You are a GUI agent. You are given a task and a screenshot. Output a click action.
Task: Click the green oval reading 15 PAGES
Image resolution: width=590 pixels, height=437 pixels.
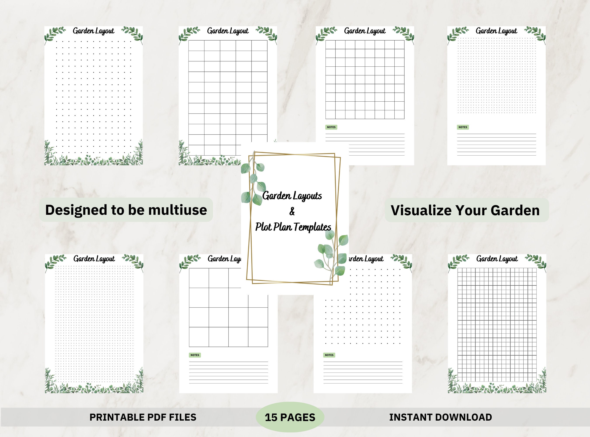290,417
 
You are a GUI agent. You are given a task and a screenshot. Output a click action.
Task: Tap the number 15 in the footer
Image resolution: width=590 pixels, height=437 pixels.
271,417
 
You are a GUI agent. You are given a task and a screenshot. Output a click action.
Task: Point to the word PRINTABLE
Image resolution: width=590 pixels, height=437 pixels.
117,417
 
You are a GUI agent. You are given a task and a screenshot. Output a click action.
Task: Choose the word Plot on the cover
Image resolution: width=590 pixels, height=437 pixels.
263,227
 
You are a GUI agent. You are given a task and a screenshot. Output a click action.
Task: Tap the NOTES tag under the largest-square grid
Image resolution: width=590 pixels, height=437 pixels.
195,355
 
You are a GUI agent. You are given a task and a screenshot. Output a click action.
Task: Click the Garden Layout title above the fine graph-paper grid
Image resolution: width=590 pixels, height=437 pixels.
497,259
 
